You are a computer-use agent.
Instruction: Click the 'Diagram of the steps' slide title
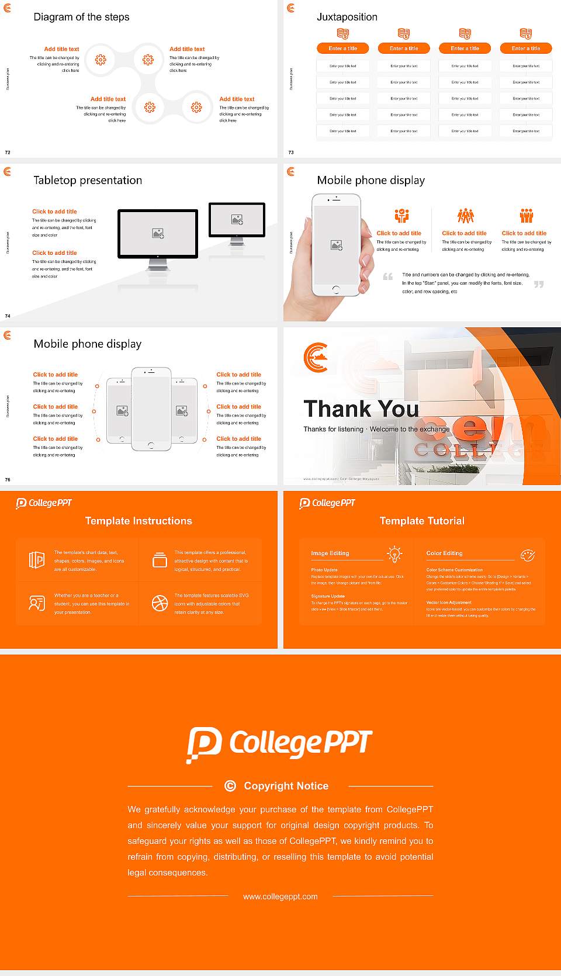tap(81, 17)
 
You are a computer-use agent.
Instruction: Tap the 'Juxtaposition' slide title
tap(347, 17)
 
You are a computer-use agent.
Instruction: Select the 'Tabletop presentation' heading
tap(88, 181)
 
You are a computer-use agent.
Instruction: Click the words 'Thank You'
tap(361, 409)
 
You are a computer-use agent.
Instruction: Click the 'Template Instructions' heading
tap(138, 521)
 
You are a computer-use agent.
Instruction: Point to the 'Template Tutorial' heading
tap(422, 521)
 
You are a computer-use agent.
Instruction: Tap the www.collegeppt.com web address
tap(280, 897)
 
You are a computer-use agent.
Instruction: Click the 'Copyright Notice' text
tap(286, 786)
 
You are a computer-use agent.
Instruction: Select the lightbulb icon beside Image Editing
tap(395, 553)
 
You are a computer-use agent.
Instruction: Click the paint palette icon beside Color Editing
tap(528, 555)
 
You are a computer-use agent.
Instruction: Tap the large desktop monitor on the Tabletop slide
tap(158, 234)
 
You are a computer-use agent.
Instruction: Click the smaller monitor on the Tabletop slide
tap(237, 220)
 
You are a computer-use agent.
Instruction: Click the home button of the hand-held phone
tap(335, 289)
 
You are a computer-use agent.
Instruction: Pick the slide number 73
tap(291, 153)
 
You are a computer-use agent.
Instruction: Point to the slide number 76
tap(8, 480)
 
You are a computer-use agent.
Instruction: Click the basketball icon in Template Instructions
tap(160, 603)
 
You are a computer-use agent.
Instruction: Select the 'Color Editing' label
tap(444, 553)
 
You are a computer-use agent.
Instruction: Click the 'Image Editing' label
tap(330, 553)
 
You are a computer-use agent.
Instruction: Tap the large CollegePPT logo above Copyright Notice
tap(279, 744)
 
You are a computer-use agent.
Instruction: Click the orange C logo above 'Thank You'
tap(316, 358)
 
